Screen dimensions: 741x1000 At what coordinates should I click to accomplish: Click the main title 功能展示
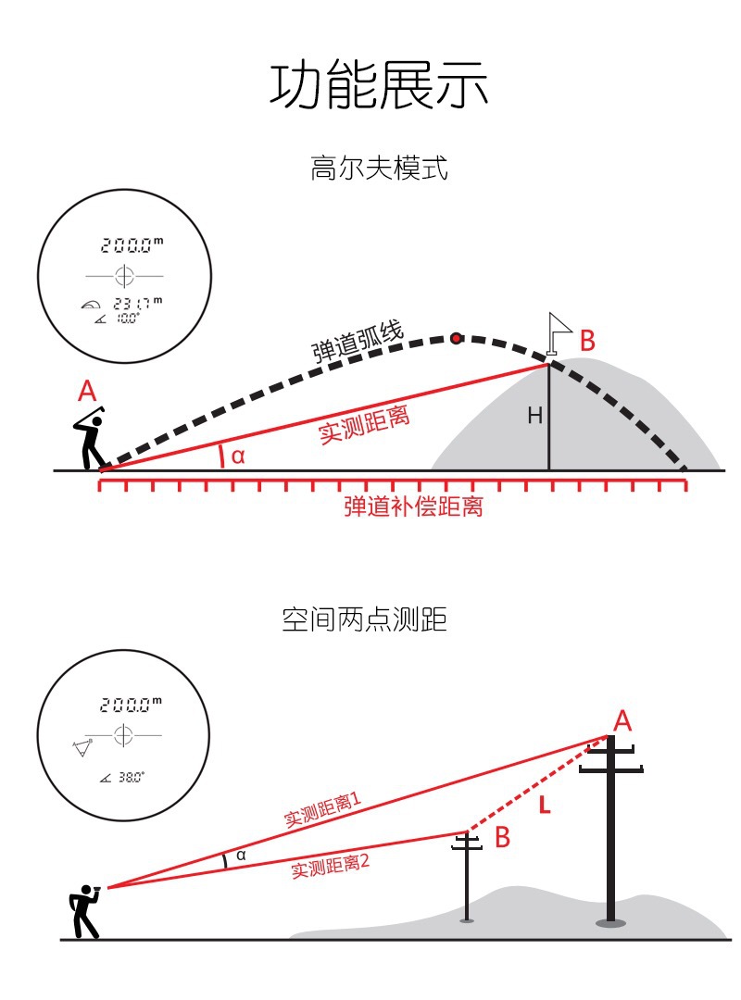coord(379,85)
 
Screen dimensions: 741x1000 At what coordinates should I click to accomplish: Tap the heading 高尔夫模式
coord(379,169)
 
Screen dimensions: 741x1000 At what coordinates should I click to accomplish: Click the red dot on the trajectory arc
coord(456,338)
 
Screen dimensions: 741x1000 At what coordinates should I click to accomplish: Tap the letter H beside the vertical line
coord(534,417)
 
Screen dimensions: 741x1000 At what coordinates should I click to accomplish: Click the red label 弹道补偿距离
coord(413,506)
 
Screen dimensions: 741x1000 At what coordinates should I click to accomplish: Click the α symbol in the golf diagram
coord(238,456)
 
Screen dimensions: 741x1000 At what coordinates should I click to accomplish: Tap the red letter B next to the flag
coord(587,341)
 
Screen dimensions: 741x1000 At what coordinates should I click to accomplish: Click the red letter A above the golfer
coord(87,391)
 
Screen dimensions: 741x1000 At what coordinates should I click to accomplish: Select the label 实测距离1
coord(321,809)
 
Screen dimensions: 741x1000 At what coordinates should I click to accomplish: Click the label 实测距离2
coord(331,867)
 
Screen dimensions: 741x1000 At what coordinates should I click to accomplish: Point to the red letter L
coord(544,806)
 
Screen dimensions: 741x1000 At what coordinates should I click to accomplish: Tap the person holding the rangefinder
coord(86,911)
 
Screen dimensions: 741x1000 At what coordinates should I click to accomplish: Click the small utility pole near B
coord(468,875)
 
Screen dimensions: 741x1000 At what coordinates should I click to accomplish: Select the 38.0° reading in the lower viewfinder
coord(131,778)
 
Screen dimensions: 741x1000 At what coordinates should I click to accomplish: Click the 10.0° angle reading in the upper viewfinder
coord(126,318)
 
